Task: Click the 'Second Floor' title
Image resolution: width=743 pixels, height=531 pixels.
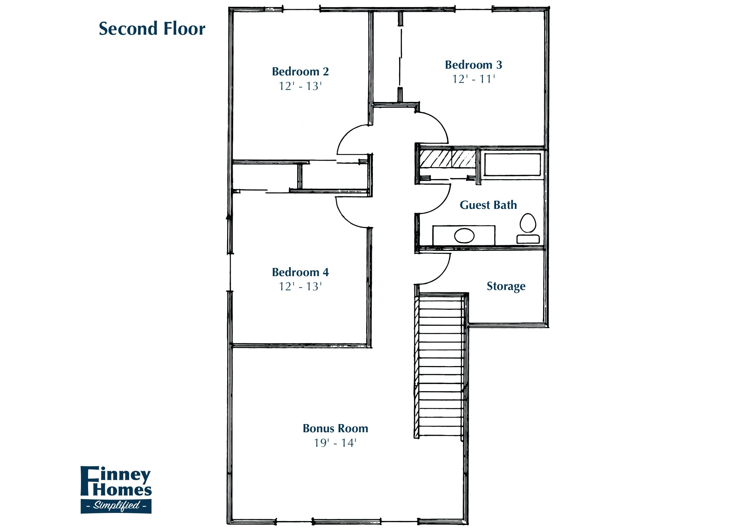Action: (152, 29)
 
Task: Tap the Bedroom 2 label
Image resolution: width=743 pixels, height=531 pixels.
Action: (300, 72)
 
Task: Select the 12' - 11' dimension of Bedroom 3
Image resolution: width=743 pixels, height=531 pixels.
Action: (473, 79)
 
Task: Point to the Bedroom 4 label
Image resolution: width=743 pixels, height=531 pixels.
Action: (300, 272)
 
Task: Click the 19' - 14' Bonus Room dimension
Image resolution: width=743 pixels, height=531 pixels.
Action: (335, 443)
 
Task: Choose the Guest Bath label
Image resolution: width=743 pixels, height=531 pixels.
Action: (488, 205)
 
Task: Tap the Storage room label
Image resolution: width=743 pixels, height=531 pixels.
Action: (506, 286)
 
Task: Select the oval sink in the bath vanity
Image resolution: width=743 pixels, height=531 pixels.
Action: (464, 236)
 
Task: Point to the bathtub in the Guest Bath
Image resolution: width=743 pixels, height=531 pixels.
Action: (512, 164)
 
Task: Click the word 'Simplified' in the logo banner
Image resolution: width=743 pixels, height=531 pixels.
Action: (116, 506)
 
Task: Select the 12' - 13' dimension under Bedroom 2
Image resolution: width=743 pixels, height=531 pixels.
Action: (300, 86)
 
